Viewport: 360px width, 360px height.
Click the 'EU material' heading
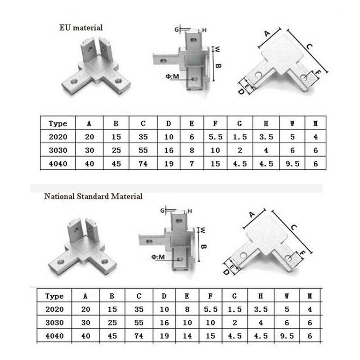pyautogui.click(x=81, y=28)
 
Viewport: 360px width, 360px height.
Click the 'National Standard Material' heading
pyautogui.click(x=93, y=196)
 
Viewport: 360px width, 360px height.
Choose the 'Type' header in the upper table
pyautogui.click(x=58, y=124)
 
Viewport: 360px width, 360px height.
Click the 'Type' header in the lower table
pyautogui.click(x=55, y=296)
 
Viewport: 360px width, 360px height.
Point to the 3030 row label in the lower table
pyautogui.click(x=55, y=323)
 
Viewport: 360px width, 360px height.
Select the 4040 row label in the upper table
pyautogui.click(x=58, y=164)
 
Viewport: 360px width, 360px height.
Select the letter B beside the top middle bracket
pyautogui.click(x=219, y=66)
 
